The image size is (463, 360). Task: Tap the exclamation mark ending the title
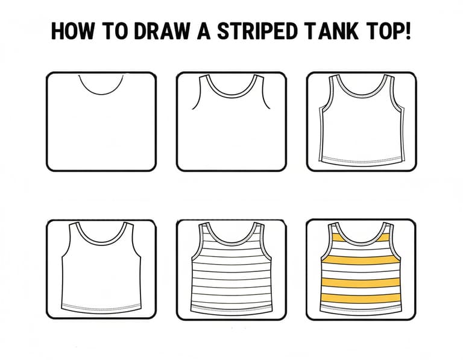point(408,31)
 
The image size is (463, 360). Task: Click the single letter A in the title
point(203,31)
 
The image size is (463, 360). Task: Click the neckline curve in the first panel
point(101,94)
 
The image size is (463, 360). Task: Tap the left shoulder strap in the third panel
point(333,80)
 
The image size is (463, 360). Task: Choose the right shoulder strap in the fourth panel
point(129,228)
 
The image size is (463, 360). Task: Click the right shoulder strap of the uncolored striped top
point(259,229)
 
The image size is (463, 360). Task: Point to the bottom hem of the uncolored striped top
point(231,309)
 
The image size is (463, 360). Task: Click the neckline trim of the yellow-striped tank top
point(361,243)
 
